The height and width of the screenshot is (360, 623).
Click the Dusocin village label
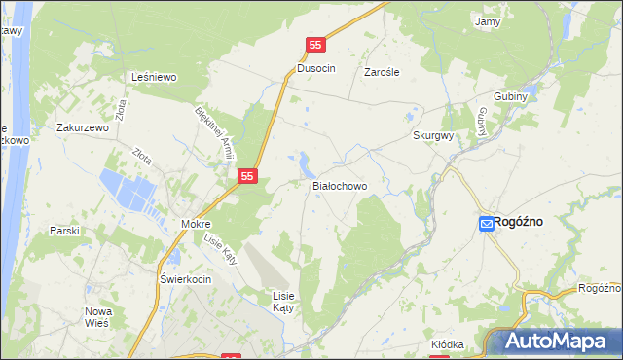(x=316, y=70)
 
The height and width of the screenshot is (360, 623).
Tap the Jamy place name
(x=487, y=20)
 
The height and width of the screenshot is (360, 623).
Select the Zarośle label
(x=383, y=72)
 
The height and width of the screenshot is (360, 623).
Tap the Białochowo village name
(x=339, y=185)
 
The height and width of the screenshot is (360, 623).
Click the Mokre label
(x=196, y=224)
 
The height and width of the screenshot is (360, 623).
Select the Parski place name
(x=64, y=231)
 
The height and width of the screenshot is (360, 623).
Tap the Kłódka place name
(x=448, y=344)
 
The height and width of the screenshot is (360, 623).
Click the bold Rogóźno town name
(x=518, y=222)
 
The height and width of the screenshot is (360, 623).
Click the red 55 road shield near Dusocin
(x=315, y=45)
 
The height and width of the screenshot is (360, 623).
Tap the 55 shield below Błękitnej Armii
(x=248, y=176)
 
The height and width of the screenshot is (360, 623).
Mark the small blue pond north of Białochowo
(x=306, y=160)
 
